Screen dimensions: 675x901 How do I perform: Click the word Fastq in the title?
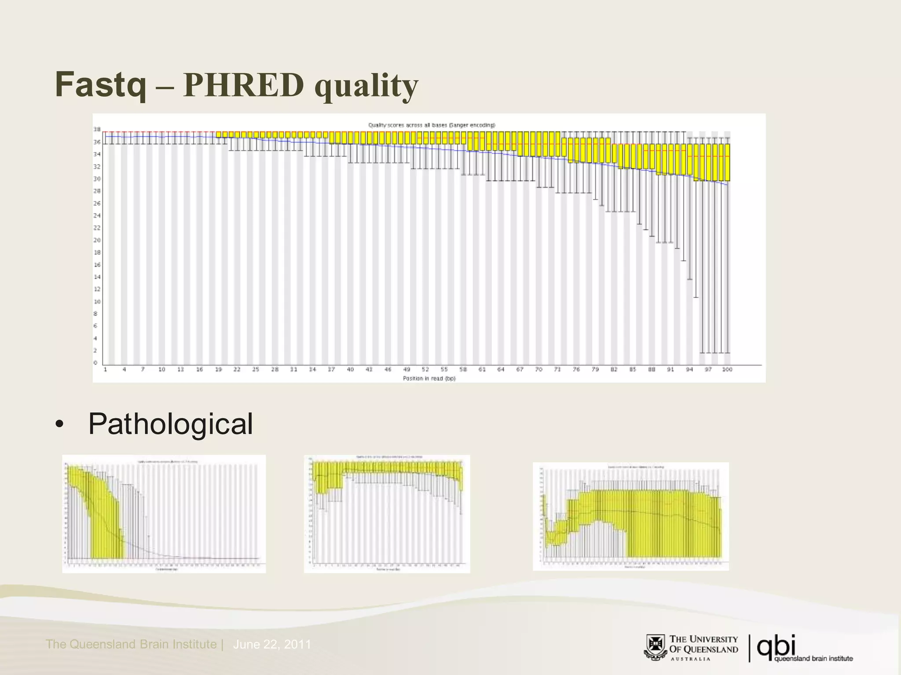[101, 85]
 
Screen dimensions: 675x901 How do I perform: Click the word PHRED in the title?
[243, 85]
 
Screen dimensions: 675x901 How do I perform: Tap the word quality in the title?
[366, 86]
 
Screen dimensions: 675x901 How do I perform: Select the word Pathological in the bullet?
[170, 424]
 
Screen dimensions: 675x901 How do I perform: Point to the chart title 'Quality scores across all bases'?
[432, 125]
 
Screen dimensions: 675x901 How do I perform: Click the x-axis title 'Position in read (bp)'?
[429, 378]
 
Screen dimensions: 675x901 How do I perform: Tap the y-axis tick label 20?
[97, 240]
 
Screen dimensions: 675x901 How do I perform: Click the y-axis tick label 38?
[97, 130]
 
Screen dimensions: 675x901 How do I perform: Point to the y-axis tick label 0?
[95, 363]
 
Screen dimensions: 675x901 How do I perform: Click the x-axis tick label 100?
[727, 370]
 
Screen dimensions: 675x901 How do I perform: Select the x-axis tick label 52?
[425, 370]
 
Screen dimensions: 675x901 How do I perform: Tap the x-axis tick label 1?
[105, 370]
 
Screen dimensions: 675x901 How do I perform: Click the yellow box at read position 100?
[727, 162]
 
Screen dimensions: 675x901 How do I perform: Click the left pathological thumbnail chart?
[164, 514]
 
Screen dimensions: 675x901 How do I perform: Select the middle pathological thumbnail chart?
[387, 514]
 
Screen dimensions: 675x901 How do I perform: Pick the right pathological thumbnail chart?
[630, 516]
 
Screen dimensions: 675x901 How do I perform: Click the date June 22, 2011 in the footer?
[272, 645]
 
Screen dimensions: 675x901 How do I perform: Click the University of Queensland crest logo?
[656, 647]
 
